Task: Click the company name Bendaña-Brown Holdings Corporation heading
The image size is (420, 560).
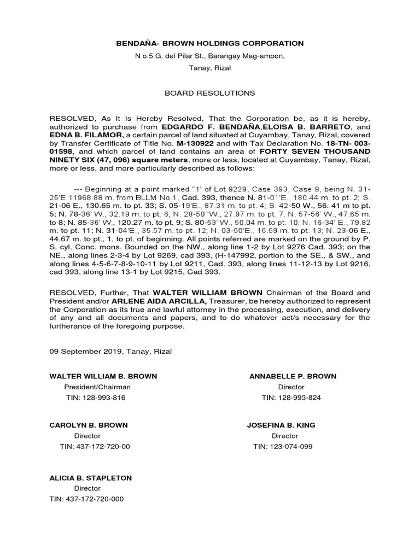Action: point(210,43)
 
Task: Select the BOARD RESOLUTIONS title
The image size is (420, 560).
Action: point(210,94)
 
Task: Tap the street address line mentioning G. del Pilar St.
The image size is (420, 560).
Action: point(210,56)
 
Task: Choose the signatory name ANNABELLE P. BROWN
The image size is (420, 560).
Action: point(293,376)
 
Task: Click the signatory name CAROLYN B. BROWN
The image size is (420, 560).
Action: point(89,425)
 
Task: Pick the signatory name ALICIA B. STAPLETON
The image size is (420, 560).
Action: point(91,478)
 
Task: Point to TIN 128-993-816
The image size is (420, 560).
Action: point(95,398)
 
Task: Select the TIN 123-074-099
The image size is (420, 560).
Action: point(283,447)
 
